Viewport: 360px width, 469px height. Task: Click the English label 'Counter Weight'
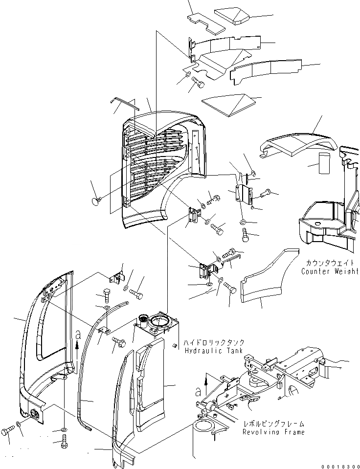coord(330,271)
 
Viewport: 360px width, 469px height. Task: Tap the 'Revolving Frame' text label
coord(273,432)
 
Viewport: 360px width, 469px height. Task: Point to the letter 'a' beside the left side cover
coord(78,335)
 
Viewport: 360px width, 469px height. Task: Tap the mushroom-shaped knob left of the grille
coord(96,201)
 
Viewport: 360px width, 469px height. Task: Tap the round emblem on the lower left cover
coord(36,414)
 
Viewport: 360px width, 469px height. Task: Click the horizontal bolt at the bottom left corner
coord(7,431)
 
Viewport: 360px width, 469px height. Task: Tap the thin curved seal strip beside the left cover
coord(86,372)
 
